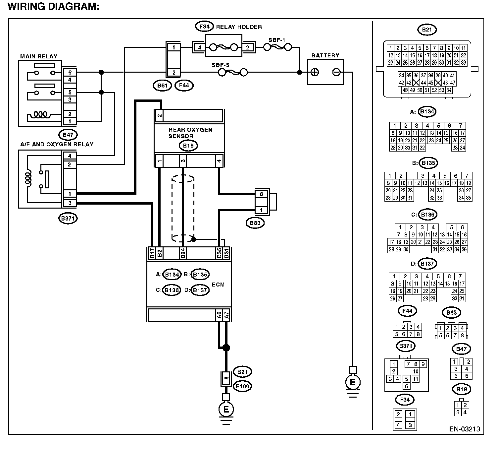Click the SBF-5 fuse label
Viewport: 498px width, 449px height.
point(220,65)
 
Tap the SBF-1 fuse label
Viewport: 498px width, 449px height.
point(277,40)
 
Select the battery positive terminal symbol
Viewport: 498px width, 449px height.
point(315,72)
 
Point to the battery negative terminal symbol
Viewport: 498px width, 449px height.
point(336,72)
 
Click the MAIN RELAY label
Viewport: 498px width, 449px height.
point(39,56)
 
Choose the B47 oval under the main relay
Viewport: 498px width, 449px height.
point(68,135)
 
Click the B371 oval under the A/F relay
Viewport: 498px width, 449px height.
point(68,218)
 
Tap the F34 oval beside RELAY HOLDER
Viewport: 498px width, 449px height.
point(205,26)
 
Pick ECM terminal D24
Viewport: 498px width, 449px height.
point(183,253)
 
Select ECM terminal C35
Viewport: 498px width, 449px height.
point(219,253)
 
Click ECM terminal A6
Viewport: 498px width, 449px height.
point(219,315)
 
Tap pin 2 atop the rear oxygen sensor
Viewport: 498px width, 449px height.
point(159,116)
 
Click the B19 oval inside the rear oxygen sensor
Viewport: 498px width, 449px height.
point(188,146)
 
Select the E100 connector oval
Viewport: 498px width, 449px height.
point(243,386)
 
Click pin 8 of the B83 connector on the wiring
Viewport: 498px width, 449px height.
point(261,194)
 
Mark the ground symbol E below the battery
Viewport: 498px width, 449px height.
point(353,382)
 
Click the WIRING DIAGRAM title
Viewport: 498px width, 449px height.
point(53,6)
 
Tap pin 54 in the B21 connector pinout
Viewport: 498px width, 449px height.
point(449,90)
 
